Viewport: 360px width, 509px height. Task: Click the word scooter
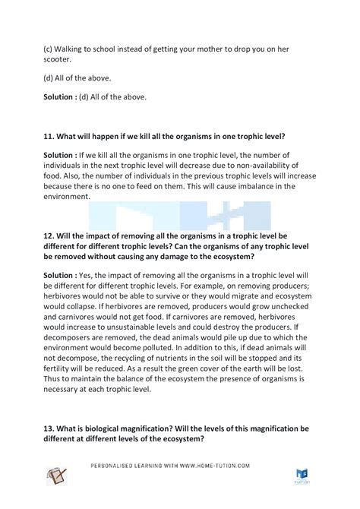coord(58,61)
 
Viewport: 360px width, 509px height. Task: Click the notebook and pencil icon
coord(58,477)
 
